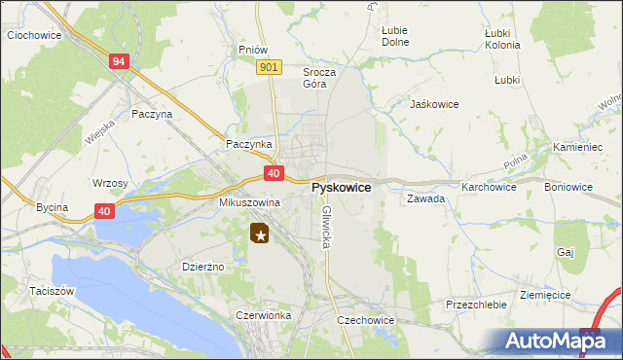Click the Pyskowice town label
pos(340,187)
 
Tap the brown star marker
pos(260,234)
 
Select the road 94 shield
pos(119,61)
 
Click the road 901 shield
pos(271,66)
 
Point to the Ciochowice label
pos(34,35)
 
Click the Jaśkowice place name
pos(434,104)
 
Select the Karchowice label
pos(489,186)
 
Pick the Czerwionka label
pos(263,315)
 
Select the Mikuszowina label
pos(249,202)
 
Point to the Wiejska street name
pos(100,127)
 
